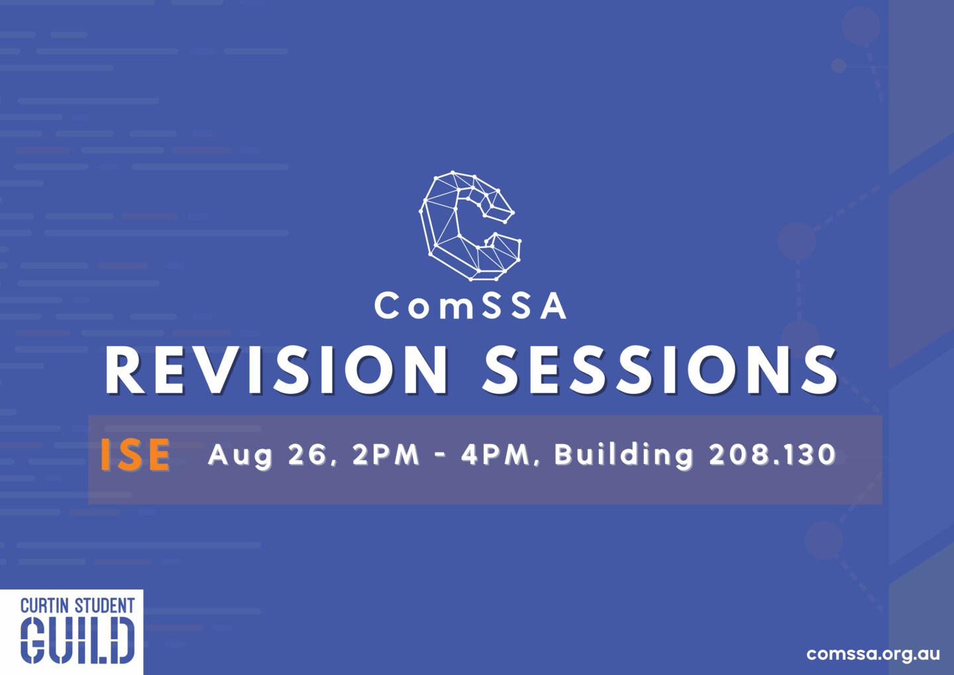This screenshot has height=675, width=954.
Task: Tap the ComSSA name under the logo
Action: pos(470,306)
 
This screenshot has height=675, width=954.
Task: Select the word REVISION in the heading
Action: pos(276,370)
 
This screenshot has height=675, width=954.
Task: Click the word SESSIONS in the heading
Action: pos(660,370)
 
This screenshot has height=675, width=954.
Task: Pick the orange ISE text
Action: pos(136,455)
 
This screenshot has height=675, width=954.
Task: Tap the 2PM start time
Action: pos(386,454)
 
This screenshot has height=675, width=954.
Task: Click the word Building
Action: pos(623,456)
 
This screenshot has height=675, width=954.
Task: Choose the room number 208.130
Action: pos(772,454)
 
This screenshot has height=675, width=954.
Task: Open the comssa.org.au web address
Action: pos(873,653)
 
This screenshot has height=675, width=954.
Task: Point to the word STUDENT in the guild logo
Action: pos(105,605)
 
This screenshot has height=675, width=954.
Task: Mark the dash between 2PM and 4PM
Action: pos(441,456)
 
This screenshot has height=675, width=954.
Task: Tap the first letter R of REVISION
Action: pos(126,370)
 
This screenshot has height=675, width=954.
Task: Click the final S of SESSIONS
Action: pos(819,370)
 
